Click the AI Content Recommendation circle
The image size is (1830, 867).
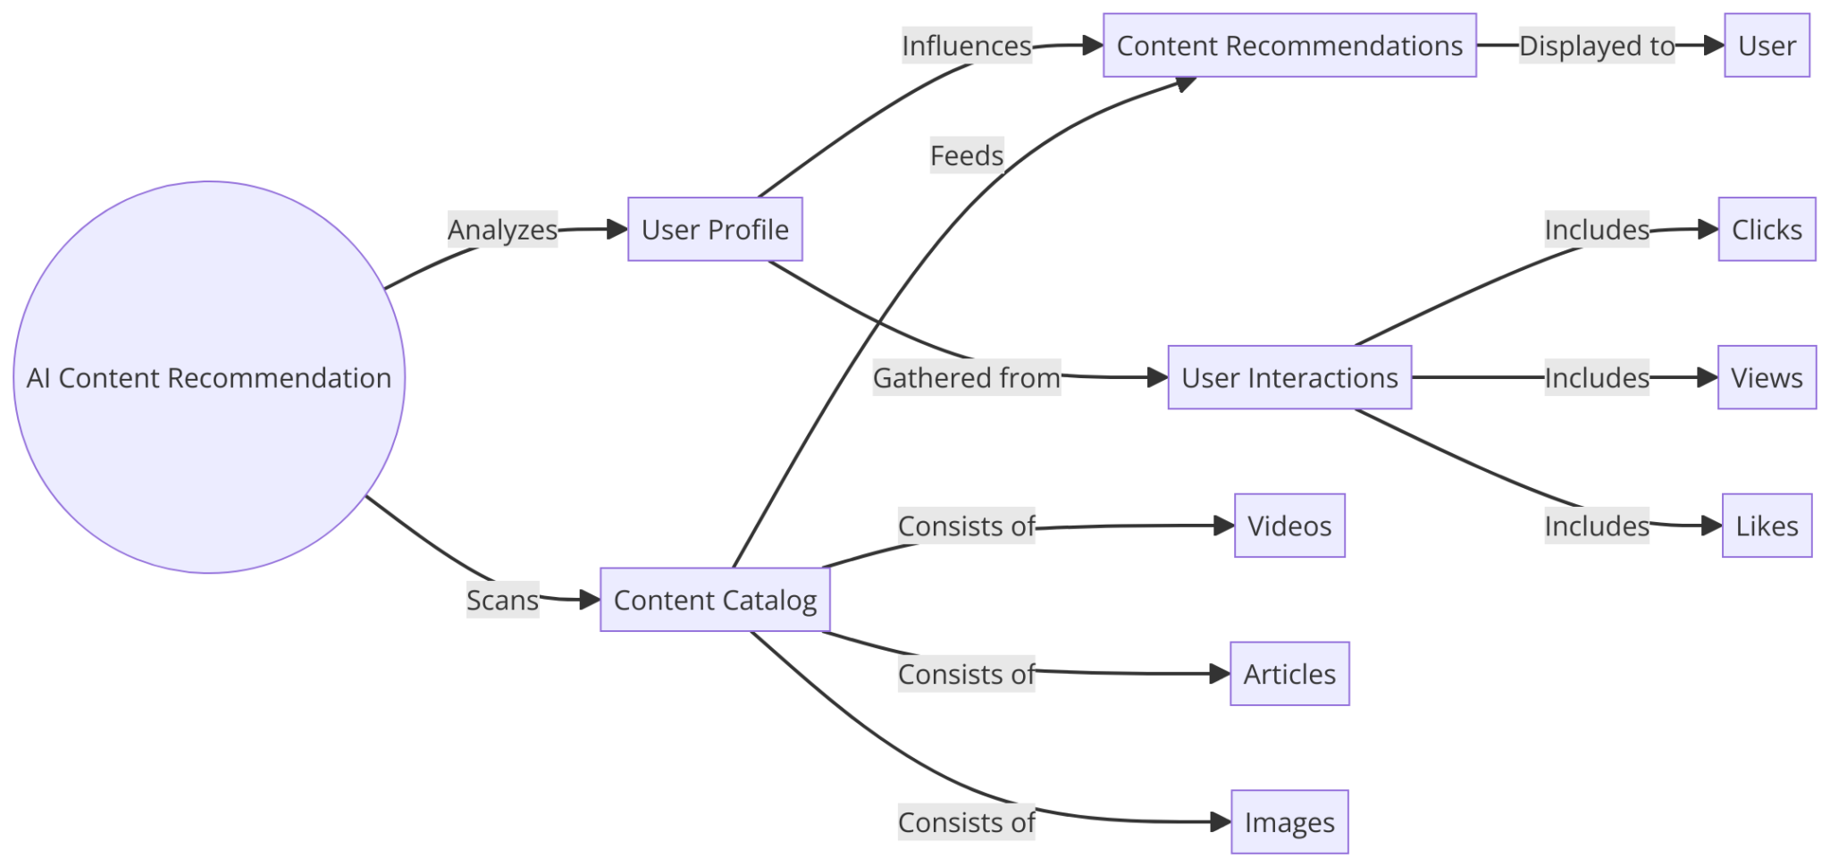tap(209, 377)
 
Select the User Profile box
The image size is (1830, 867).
tap(715, 230)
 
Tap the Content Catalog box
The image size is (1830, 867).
tap(715, 600)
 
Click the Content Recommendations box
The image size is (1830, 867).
tap(1289, 46)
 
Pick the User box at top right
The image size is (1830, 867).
tap(1767, 46)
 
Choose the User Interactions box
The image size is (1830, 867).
tap(1289, 378)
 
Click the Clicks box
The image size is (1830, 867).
tap(1767, 230)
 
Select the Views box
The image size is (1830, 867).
tap(1767, 378)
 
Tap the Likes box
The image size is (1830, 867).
tap(1767, 526)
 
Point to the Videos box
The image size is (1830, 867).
tap(1289, 526)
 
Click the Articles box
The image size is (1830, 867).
tap(1289, 674)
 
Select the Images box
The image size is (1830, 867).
tap(1289, 822)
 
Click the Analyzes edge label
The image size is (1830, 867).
tap(502, 230)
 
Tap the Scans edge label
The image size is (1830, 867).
tap(502, 600)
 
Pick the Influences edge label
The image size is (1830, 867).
tap(966, 46)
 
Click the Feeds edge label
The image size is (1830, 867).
tap(966, 156)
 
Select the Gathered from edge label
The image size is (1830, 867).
tap(966, 378)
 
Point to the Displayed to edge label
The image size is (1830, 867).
tap(1596, 46)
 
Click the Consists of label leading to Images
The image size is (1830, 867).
tap(966, 822)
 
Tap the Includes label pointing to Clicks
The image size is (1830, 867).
tap(1596, 230)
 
